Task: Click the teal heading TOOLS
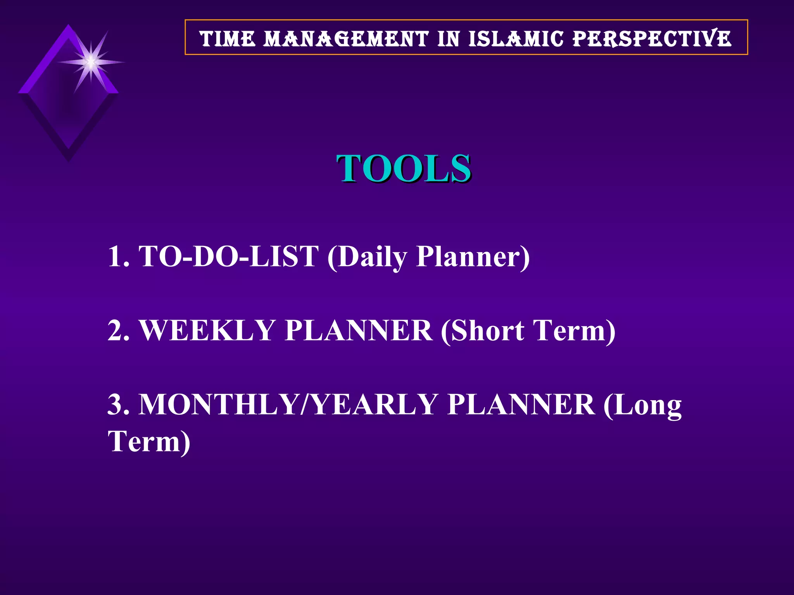click(x=404, y=168)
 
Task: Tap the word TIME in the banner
click(x=228, y=39)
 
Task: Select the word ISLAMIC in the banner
click(x=516, y=39)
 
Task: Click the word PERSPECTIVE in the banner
click(x=652, y=39)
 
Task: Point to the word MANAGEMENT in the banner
click(x=346, y=39)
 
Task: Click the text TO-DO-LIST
click(x=229, y=256)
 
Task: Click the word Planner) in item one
click(x=473, y=256)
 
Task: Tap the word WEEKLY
click(x=207, y=330)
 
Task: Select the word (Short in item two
click(x=482, y=330)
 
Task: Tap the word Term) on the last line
click(x=149, y=441)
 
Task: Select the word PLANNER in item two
click(x=358, y=330)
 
